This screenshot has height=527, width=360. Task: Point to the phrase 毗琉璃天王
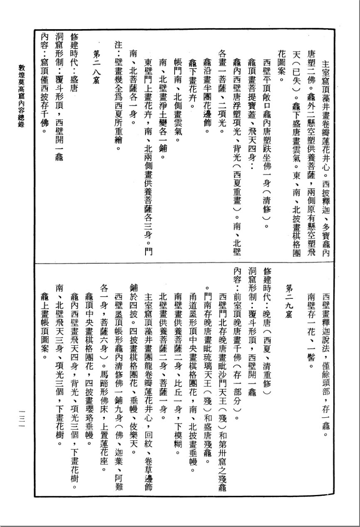(x=207, y=366)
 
